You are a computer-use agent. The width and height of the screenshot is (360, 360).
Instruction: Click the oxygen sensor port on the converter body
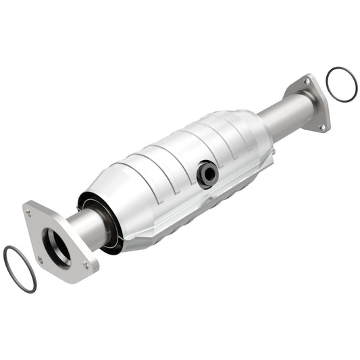[207, 174]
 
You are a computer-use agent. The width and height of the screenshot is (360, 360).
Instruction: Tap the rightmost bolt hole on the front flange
[87, 265]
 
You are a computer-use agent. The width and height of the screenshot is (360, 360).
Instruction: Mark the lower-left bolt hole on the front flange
[41, 259]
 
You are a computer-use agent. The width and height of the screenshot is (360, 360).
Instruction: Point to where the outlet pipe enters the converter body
[269, 132]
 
